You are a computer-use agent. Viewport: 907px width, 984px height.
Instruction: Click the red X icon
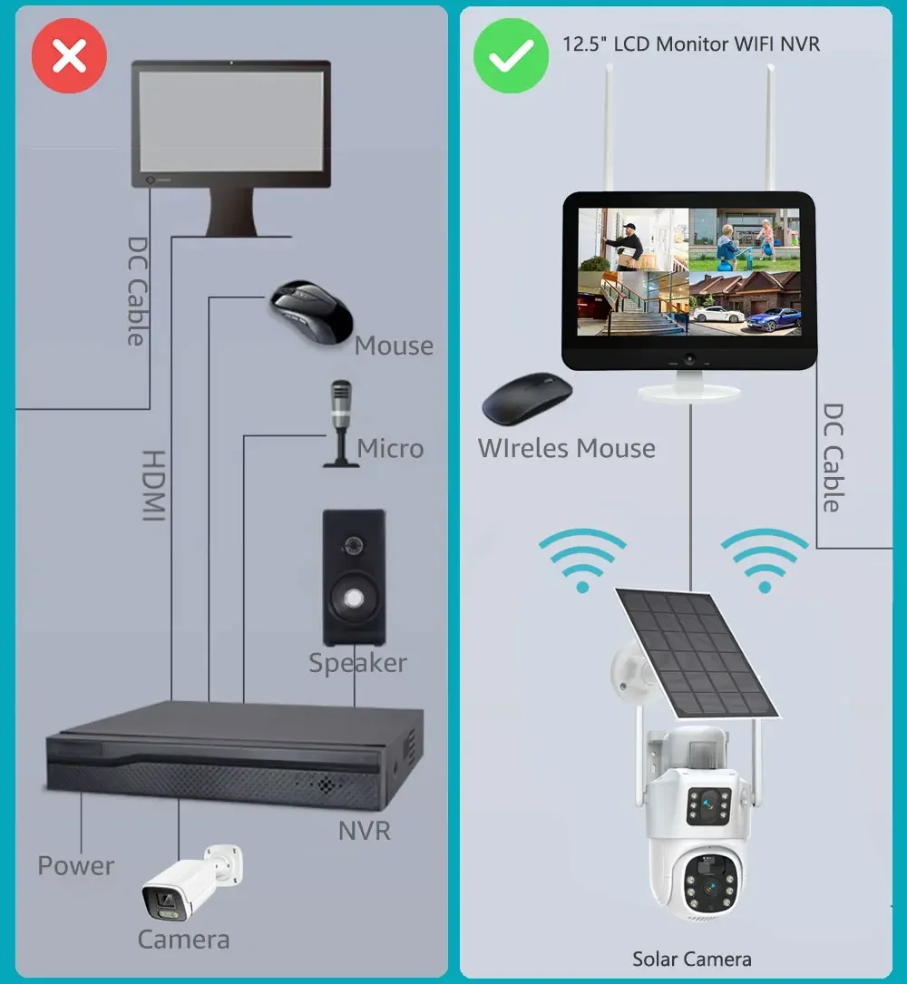click(69, 56)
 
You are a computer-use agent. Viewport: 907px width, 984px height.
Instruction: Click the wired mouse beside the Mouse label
click(313, 312)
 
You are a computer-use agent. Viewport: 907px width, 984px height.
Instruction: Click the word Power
click(76, 865)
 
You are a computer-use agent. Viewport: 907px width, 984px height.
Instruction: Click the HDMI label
click(155, 485)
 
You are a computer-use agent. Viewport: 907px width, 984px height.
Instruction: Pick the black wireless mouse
click(527, 400)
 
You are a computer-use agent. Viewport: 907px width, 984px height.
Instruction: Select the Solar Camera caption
click(691, 959)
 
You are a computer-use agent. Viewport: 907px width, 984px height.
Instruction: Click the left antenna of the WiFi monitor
click(602, 127)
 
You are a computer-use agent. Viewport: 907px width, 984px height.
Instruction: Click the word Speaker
click(357, 663)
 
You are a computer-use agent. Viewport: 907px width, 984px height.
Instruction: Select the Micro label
click(390, 448)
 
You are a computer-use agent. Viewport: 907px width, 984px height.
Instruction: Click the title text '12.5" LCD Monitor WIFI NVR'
click(691, 44)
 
